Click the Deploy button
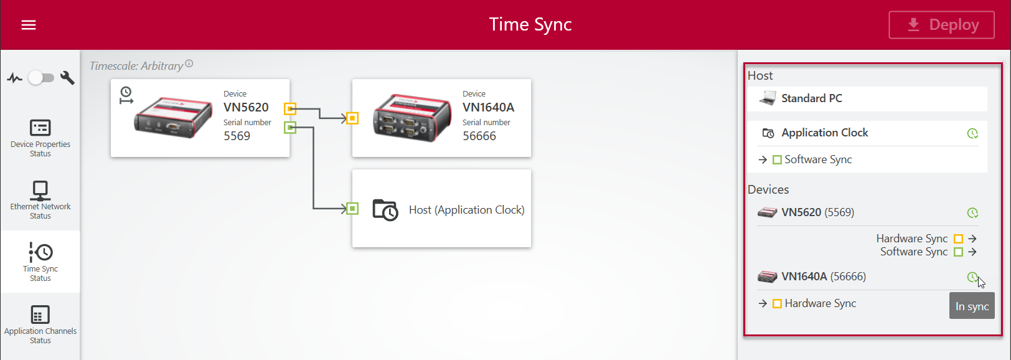(x=941, y=25)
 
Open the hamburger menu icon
(x=29, y=25)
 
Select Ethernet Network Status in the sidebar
(x=40, y=200)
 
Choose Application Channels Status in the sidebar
(x=40, y=324)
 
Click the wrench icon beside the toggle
(x=67, y=78)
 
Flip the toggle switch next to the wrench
(x=41, y=78)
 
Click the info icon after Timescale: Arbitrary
(x=189, y=64)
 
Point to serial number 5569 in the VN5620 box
(x=237, y=136)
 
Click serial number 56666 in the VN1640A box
(x=479, y=136)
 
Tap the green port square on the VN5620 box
(x=290, y=128)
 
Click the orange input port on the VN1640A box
(x=352, y=118)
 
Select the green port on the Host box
(x=352, y=209)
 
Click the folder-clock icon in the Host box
(x=385, y=210)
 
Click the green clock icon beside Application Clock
(x=972, y=133)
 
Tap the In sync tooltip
(x=972, y=306)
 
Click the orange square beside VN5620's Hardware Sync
(x=958, y=239)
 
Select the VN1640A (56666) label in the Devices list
(x=823, y=277)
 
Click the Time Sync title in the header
(x=530, y=24)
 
